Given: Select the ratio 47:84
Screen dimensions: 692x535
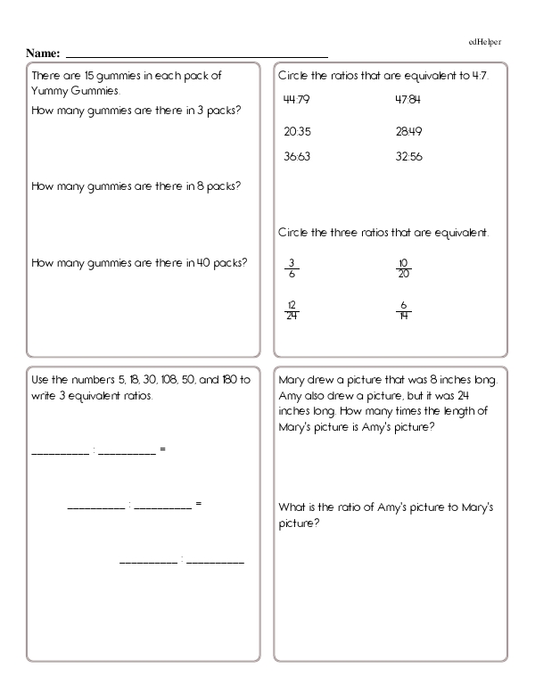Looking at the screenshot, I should click(407, 99).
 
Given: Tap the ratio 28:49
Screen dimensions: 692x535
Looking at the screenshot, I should click(407, 131).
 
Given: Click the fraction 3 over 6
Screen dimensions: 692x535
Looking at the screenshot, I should click(291, 268).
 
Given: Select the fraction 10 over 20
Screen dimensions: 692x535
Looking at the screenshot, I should click(403, 268).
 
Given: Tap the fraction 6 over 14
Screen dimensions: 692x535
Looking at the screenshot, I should click(403, 309).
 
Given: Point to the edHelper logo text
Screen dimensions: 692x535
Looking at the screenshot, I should click(487, 41).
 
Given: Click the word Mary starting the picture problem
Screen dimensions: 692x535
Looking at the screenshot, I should click(291, 379).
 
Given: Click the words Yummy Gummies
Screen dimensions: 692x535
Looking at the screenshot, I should click(74, 91).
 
